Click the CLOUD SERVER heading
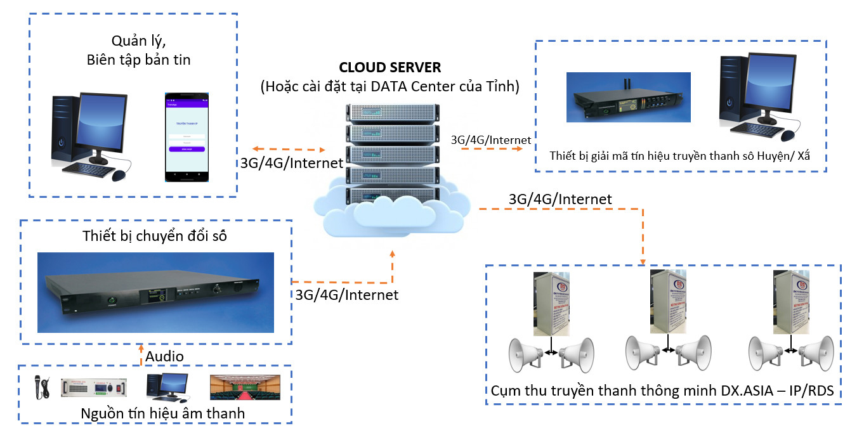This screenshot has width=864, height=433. (x=389, y=68)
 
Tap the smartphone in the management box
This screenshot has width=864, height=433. (x=186, y=134)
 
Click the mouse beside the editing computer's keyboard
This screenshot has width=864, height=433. (x=119, y=175)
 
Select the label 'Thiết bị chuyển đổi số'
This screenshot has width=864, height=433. (x=155, y=236)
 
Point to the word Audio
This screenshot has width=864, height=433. (x=164, y=356)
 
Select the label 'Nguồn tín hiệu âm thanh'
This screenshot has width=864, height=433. (x=162, y=413)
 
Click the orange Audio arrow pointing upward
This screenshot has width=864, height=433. (x=141, y=355)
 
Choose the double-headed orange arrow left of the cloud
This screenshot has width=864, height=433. (x=285, y=149)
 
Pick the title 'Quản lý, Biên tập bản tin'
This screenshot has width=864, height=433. (x=138, y=51)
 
